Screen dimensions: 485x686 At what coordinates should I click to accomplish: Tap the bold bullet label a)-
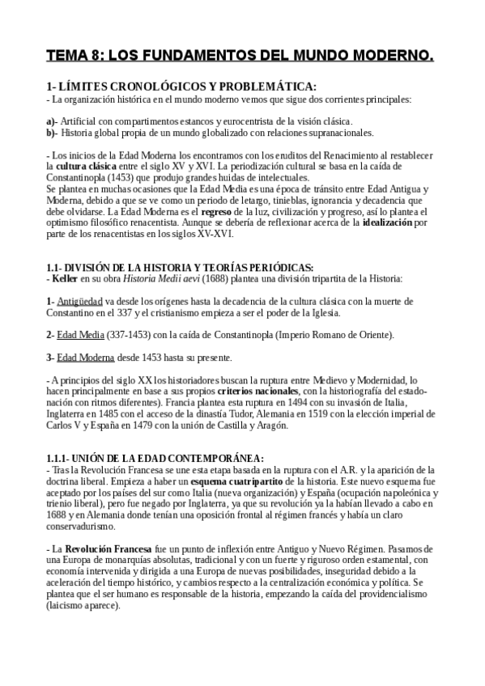tap(52, 121)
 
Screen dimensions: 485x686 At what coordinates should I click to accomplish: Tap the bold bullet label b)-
tap(52, 132)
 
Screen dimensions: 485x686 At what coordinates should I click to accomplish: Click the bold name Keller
tap(66, 278)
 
